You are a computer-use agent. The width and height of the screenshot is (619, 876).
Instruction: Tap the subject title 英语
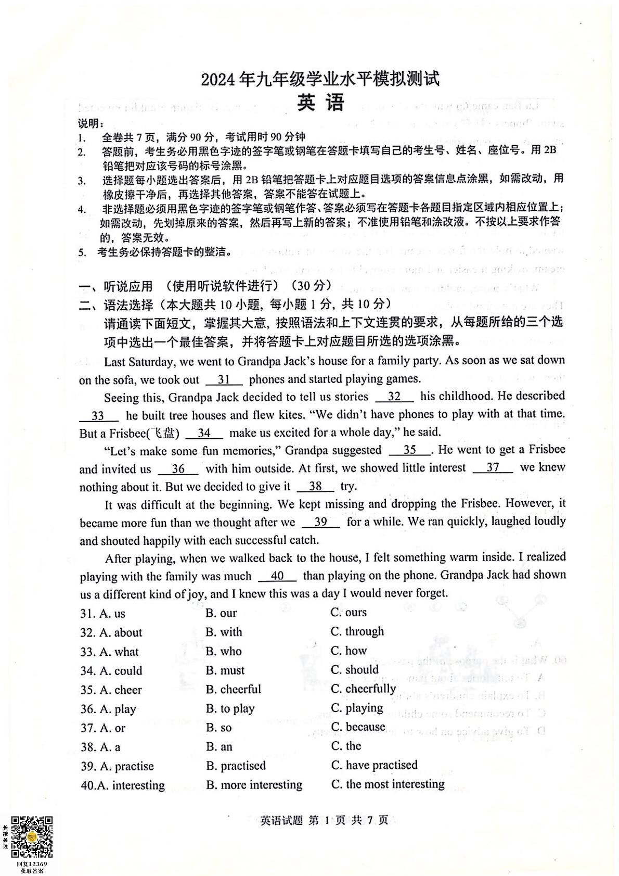(x=320, y=103)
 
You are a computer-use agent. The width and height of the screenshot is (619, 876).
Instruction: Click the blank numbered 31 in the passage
(x=224, y=379)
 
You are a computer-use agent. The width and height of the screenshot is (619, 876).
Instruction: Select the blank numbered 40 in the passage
(x=277, y=576)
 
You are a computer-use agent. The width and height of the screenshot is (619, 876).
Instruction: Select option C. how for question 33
(x=349, y=651)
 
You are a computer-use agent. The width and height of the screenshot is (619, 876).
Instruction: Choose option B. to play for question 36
(x=230, y=708)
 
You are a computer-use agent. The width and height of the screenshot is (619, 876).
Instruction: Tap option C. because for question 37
(x=358, y=727)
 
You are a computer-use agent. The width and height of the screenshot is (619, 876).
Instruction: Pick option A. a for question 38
(x=100, y=747)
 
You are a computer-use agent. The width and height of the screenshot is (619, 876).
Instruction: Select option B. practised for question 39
(x=236, y=766)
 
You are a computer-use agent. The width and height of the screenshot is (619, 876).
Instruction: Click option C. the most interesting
(x=388, y=784)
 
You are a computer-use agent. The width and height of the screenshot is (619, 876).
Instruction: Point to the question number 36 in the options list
(x=87, y=709)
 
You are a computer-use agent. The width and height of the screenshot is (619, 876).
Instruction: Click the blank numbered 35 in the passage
(x=410, y=450)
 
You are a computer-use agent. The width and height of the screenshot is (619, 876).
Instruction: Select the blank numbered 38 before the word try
(x=315, y=487)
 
